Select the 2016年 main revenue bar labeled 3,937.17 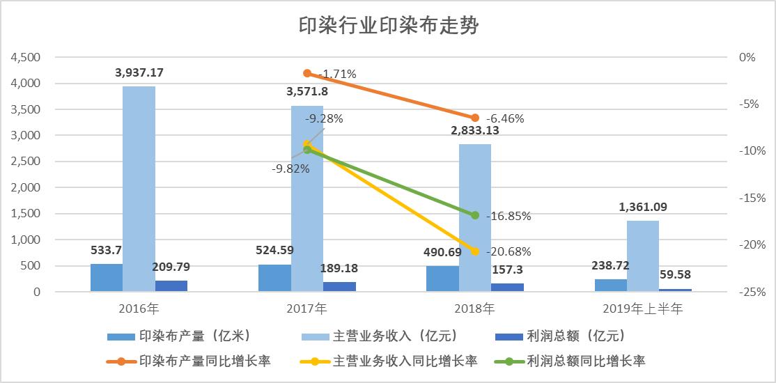pyautogui.click(x=139, y=189)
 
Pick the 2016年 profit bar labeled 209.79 pyautogui.click(x=171, y=286)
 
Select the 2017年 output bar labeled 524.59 pyautogui.click(x=274, y=278)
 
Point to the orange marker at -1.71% pyautogui.click(x=307, y=73)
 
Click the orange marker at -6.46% pyautogui.click(x=475, y=118)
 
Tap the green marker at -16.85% pyautogui.click(x=475, y=215)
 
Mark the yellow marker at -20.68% pyautogui.click(x=475, y=251)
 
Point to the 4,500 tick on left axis pyautogui.click(x=26, y=57)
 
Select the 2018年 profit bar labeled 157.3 pyautogui.click(x=507, y=288)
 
